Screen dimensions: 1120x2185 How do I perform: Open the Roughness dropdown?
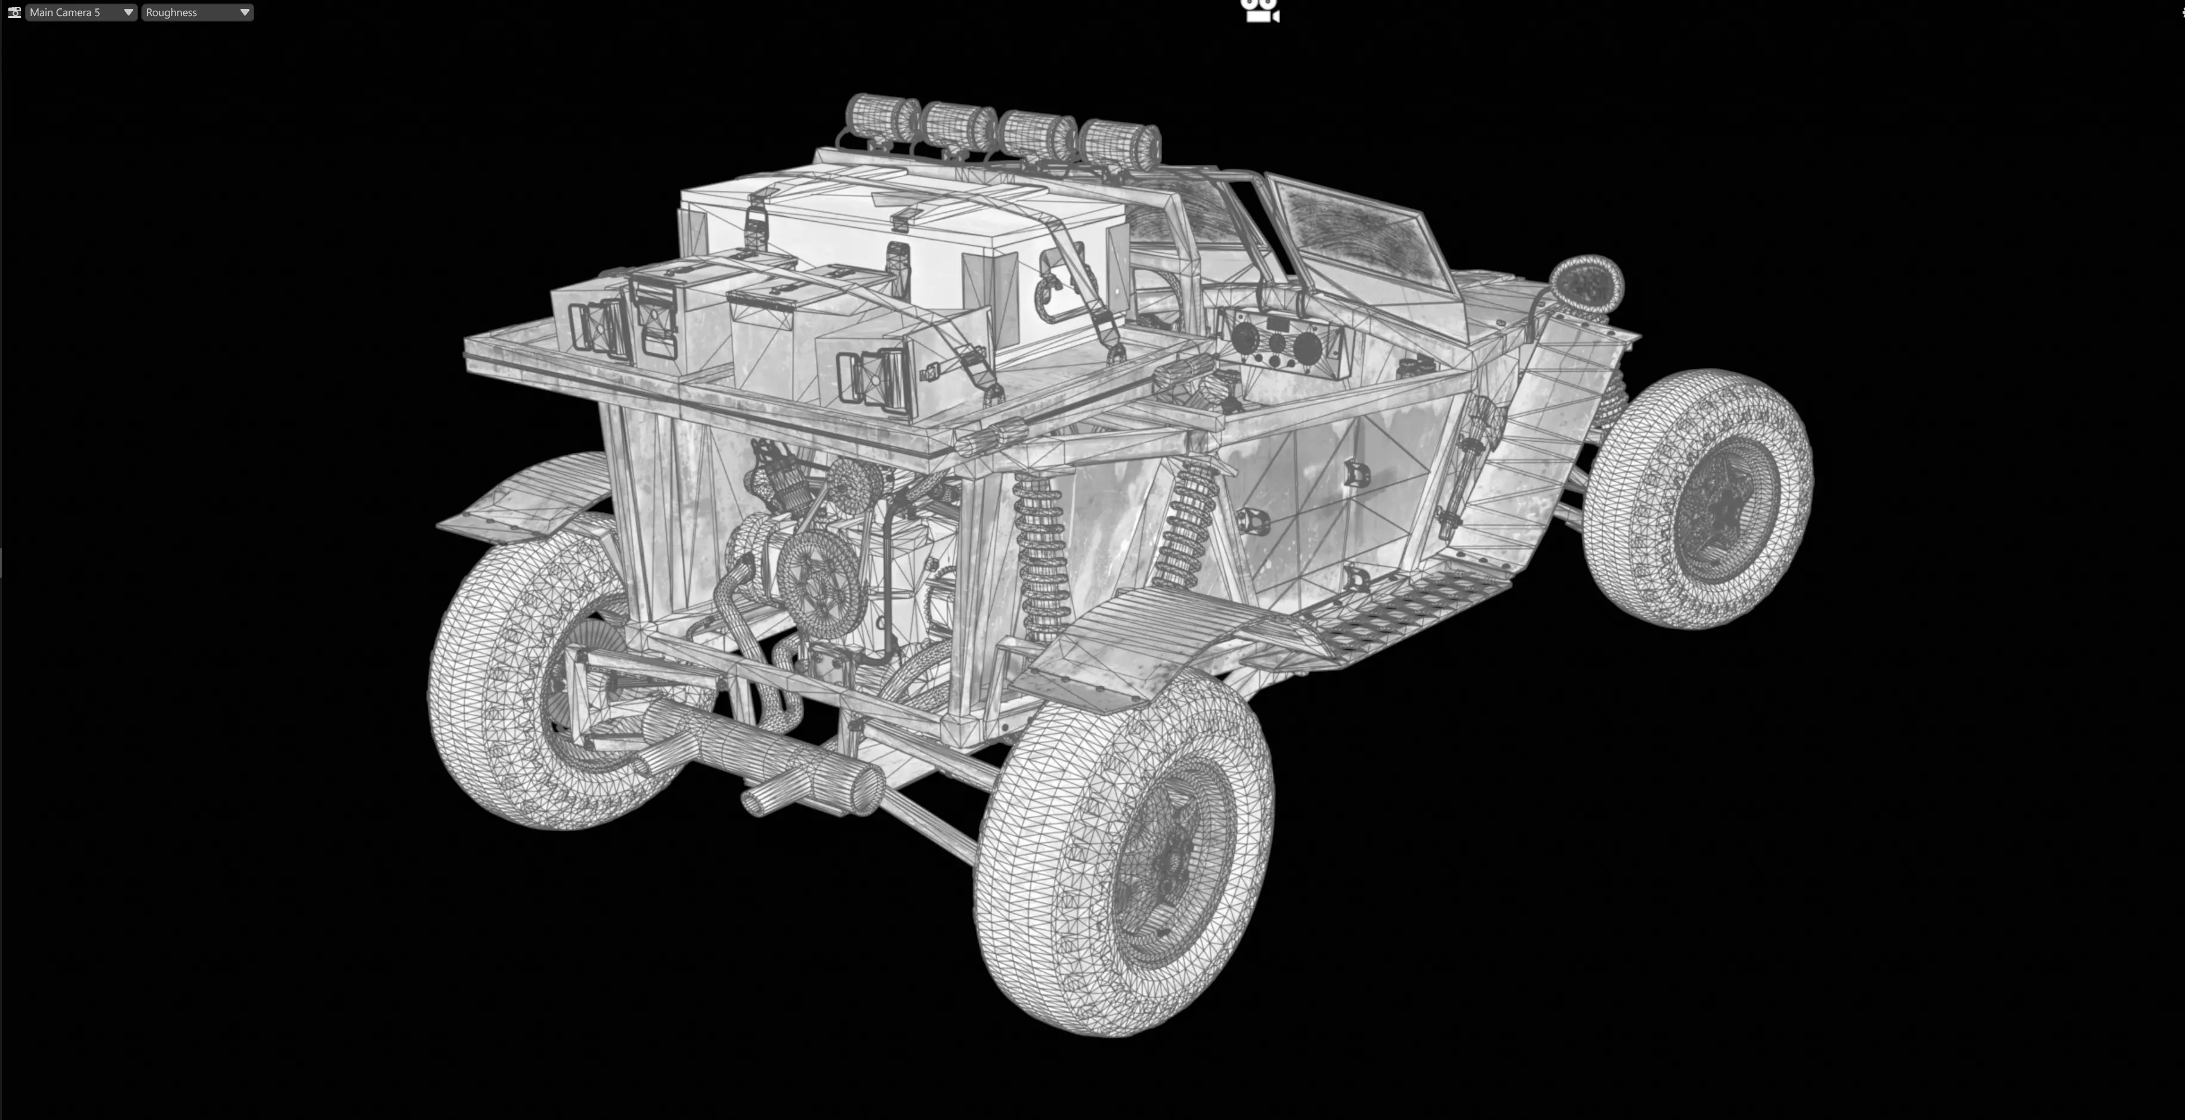tap(197, 13)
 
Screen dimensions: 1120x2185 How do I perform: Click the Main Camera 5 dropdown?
tap(80, 13)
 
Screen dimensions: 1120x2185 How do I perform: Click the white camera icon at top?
tap(1260, 11)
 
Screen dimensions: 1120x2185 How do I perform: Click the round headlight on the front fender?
tap(1586, 283)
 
